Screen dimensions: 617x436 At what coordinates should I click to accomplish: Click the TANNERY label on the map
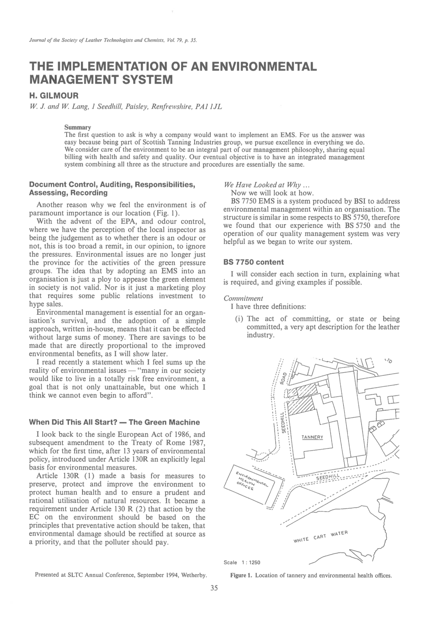pos(312,437)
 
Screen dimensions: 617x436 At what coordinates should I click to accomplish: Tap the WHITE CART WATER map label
pos(320,536)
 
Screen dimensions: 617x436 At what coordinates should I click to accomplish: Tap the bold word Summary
pos(77,128)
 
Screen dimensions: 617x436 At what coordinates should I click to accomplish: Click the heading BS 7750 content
pos(253,262)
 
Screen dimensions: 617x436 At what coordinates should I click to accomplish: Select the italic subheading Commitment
pos(243,298)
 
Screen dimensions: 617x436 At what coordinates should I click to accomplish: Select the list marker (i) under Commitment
pos(240,319)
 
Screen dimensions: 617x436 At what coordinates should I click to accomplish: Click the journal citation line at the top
pos(112,40)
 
